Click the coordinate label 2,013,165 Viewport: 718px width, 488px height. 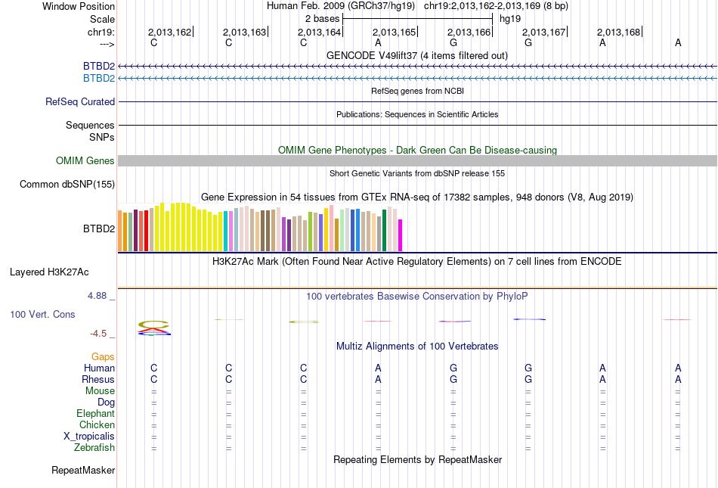(395, 33)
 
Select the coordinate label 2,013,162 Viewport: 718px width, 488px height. (169, 33)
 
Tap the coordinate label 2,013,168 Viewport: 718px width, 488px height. (618, 33)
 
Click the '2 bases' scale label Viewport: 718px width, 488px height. (322, 17)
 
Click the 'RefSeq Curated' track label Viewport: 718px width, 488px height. (80, 101)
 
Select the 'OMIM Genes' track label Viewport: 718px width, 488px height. (85, 160)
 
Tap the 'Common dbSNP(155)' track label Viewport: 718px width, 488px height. (67, 184)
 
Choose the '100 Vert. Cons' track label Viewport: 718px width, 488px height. (42, 313)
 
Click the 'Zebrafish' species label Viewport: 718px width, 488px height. (94, 448)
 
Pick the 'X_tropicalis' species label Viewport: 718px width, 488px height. (89, 437)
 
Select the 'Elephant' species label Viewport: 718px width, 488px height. (95, 414)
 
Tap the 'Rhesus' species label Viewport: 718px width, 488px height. (98, 379)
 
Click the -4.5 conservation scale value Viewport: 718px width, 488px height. (100, 334)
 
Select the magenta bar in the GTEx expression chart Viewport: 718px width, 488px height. (401, 235)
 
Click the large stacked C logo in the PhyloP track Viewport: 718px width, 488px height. (154, 327)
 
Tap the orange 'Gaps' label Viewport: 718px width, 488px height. (104, 356)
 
